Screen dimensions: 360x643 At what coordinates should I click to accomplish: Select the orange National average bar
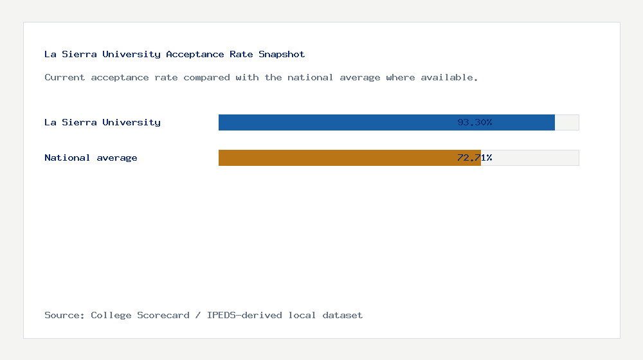pos(321,157)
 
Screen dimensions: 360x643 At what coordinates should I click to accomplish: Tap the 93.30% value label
pos(475,122)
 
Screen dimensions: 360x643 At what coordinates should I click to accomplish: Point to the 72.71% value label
pos(475,157)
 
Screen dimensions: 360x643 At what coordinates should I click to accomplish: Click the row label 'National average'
pos(91,157)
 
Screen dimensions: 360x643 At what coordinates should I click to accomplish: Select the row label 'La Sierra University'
pos(102,122)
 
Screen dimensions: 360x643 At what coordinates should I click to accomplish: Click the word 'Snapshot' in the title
pos(282,54)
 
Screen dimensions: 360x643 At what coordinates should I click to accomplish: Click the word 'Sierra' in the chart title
pos(79,54)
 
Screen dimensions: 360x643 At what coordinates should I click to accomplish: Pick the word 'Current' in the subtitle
pos(65,77)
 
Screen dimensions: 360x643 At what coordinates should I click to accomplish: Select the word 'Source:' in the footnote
pos(65,315)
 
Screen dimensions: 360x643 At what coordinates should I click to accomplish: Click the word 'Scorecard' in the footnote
pos(163,315)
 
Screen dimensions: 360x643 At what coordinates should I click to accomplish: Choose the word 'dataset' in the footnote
pos(343,315)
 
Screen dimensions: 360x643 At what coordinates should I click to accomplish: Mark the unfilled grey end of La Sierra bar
pos(566,122)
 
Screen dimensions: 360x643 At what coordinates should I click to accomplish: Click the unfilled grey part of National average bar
pos(530,157)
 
